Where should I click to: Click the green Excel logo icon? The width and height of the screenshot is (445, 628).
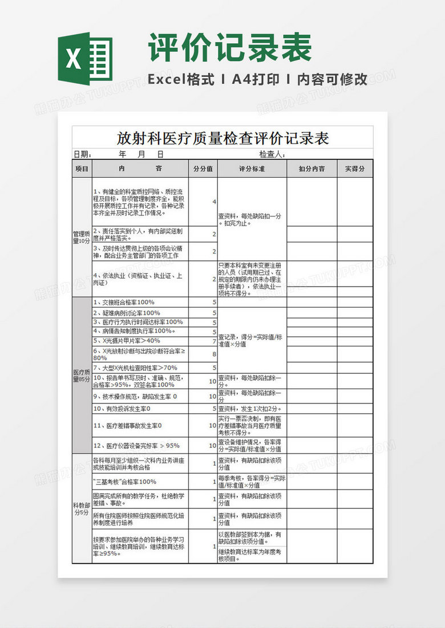point(85,59)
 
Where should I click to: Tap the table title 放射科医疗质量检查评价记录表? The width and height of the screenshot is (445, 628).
point(222,138)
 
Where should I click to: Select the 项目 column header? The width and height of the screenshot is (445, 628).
point(82,169)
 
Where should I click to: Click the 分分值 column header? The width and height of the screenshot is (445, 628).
point(203,169)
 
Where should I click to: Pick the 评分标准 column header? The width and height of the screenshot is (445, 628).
point(252,169)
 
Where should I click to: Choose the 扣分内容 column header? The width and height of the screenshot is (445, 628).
point(311,169)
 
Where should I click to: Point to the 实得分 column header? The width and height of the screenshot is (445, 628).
point(355,169)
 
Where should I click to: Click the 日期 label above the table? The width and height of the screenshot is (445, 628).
point(82,154)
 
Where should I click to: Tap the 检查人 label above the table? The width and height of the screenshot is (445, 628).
point(272,154)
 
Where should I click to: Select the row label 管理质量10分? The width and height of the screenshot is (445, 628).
point(82,237)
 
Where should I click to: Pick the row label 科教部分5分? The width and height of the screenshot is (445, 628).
point(82,508)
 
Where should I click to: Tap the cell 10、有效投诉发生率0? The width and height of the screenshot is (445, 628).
point(122,409)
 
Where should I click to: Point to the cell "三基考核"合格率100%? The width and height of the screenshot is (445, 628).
point(124,482)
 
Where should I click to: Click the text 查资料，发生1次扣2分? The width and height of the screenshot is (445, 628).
point(250,409)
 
